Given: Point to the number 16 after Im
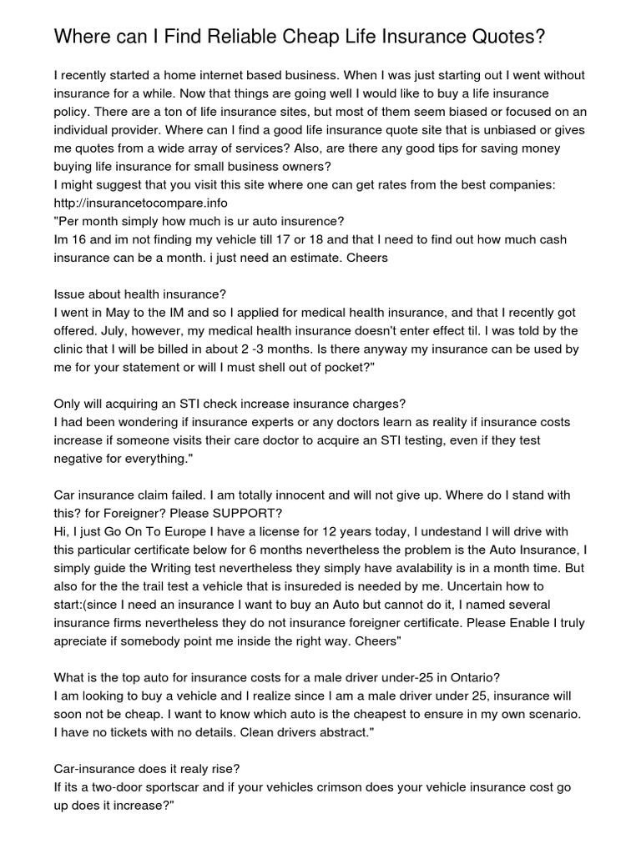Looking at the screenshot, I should click(x=80, y=239).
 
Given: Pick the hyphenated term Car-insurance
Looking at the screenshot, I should click(x=95, y=768).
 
